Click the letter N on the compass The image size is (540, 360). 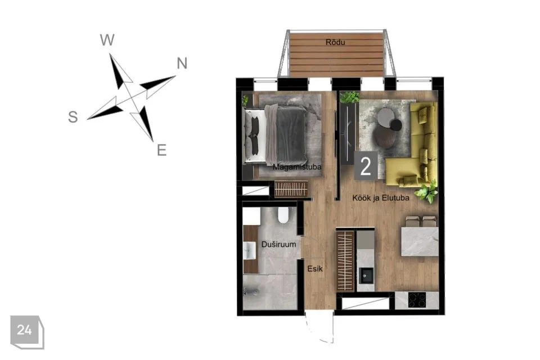pyautogui.click(x=182, y=64)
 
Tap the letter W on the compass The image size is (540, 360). pyautogui.click(x=107, y=40)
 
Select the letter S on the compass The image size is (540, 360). pyautogui.click(x=73, y=117)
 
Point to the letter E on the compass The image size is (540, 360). pyautogui.click(x=161, y=150)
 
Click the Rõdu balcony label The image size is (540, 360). pyautogui.click(x=335, y=42)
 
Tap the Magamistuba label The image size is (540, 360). pyautogui.click(x=297, y=167)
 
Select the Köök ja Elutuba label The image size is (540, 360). pyautogui.click(x=381, y=198)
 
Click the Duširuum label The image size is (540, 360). pyautogui.click(x=278, y=244)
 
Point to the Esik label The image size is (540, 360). pyautogui.click(x=315, y=268)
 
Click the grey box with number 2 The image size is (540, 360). pyautogui.click(x=366, y=166)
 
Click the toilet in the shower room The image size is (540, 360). pyautogui.click(x=283, y=215)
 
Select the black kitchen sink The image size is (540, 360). pyautogui.click(x=366, y=275)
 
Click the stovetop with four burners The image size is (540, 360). pyautogui.click(x=417, y=300)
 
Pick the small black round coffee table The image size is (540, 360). pyautogui.click(x=396, y=125)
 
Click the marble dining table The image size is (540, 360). pyautogui.click(x=420, y=241)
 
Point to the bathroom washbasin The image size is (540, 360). pyautogui.click(x=250, y=250)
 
